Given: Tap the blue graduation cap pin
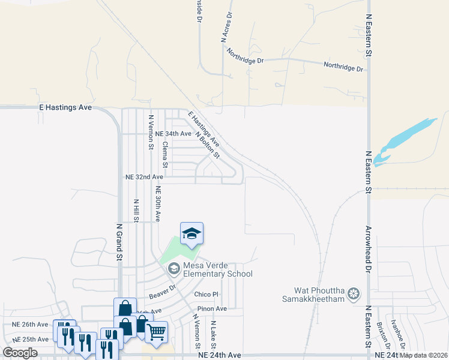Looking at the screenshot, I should click(x=191, y=233).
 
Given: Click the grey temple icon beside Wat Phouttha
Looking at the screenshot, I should click(x=354, y=293).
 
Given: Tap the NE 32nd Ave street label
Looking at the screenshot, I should click(x=144, y=178).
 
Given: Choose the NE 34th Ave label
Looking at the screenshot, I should click(x=173, y=134).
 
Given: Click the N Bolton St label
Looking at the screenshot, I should click(x=208, y=145).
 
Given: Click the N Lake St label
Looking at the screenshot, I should click(x=213, y=334).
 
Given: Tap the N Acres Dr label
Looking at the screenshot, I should click(x=226, y=28).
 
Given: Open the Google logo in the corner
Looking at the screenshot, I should click(x=20, y=353).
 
